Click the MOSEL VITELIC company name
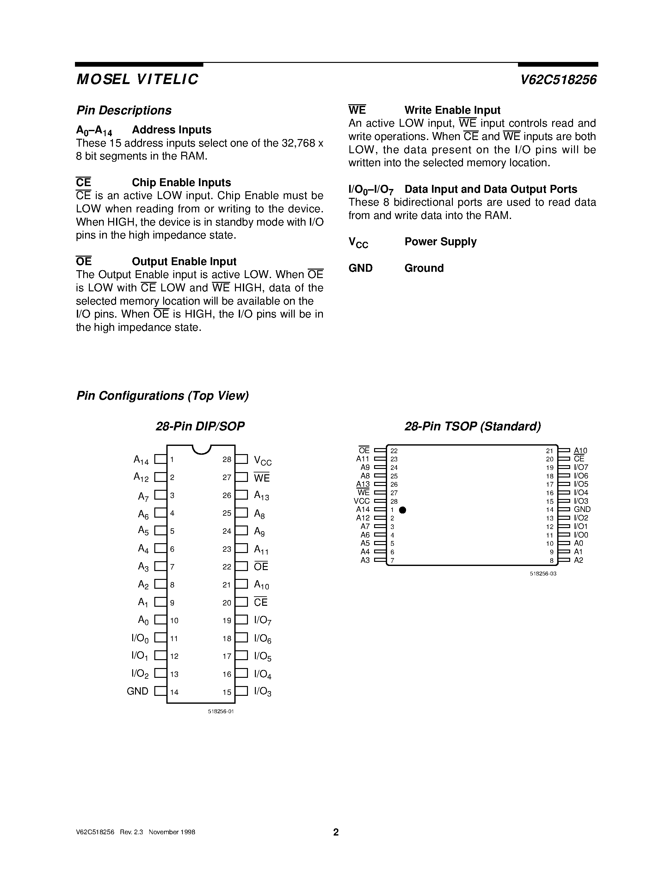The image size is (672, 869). [x=137, y=80]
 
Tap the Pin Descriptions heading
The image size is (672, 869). [x=124, y=110]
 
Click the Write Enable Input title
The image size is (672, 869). [x=452, y=110]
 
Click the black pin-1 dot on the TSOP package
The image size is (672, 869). [x=403, y=510]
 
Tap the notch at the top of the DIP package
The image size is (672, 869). [x=201, y=450]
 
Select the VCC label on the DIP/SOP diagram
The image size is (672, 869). [x=262, y=460]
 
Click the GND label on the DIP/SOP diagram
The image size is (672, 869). [x=137, y=691]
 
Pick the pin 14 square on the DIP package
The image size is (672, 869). [x=160, y=691]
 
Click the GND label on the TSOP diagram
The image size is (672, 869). [x=582, y=509]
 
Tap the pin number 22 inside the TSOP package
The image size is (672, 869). [x=394, y=451]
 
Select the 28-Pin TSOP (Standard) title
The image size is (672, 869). [x=472, y=427]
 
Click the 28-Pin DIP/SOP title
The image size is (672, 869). [x=200, y=427]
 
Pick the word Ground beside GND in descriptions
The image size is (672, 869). [x=424, y=268]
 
